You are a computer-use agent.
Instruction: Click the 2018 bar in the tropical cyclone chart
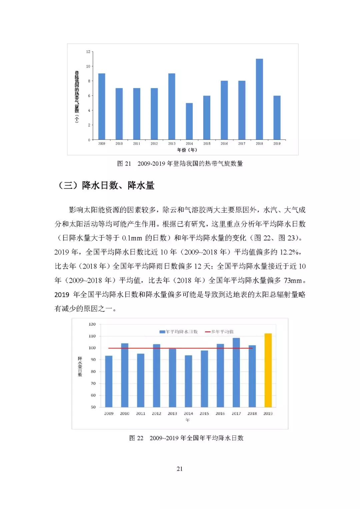[259, 99]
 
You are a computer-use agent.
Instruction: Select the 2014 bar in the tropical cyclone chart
[189, 121]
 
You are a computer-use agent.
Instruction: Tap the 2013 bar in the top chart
[172, 106]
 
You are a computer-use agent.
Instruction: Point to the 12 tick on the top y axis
[88, 52]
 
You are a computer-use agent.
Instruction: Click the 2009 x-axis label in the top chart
[102, 144]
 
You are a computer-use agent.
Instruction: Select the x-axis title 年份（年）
[187, 150]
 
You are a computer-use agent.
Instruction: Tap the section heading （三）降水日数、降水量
[106, 186]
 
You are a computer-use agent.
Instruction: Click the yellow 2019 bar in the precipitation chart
[268, 370]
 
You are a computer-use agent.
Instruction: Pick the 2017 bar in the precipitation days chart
[236, 372]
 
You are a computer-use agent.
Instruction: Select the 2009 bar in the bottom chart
[109, 381]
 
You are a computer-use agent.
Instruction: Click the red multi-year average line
[180, 348]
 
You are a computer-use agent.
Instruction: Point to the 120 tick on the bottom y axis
[92, 324]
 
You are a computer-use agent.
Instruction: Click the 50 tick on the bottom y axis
[93, 407]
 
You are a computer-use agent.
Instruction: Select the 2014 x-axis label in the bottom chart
[188, 414]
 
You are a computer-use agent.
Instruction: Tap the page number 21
[180, 469]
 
